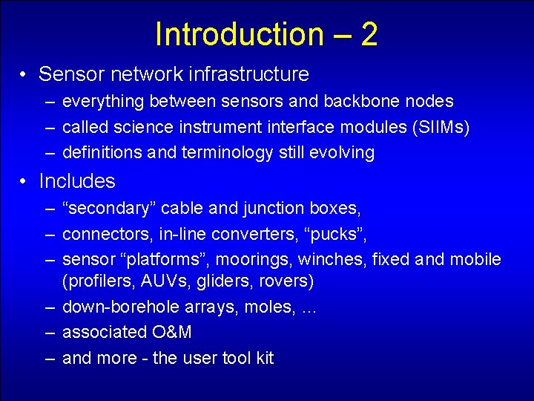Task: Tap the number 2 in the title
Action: tap(369, 34)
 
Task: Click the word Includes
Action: tap(77, 181)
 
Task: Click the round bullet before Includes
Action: tap(24, 182)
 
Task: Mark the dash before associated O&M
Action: tap(48, 332)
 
